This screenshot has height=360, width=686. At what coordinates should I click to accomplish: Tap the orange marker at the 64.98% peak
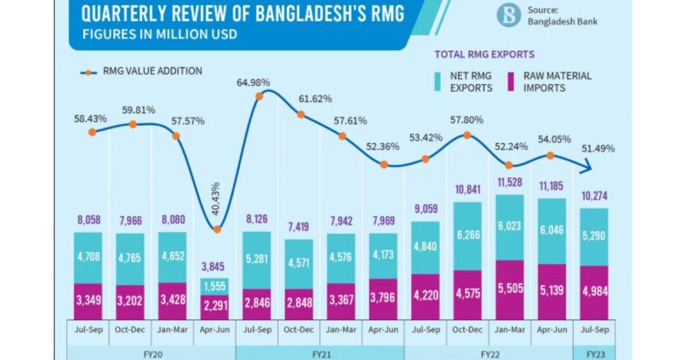click(259, 97)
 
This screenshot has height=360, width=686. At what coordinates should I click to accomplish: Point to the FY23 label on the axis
click(595, 354)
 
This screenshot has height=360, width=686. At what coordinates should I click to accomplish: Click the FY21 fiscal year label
click(319, 354)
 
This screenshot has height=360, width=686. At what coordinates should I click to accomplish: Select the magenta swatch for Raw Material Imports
click(513, 82)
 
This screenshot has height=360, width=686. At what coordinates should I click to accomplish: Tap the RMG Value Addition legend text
click(152, 71)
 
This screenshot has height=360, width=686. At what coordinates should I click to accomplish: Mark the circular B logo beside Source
click(509, 15)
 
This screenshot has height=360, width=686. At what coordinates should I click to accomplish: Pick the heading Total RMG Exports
click(484, 55)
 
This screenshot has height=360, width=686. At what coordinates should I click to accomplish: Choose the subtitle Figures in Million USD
click(159, 34)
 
